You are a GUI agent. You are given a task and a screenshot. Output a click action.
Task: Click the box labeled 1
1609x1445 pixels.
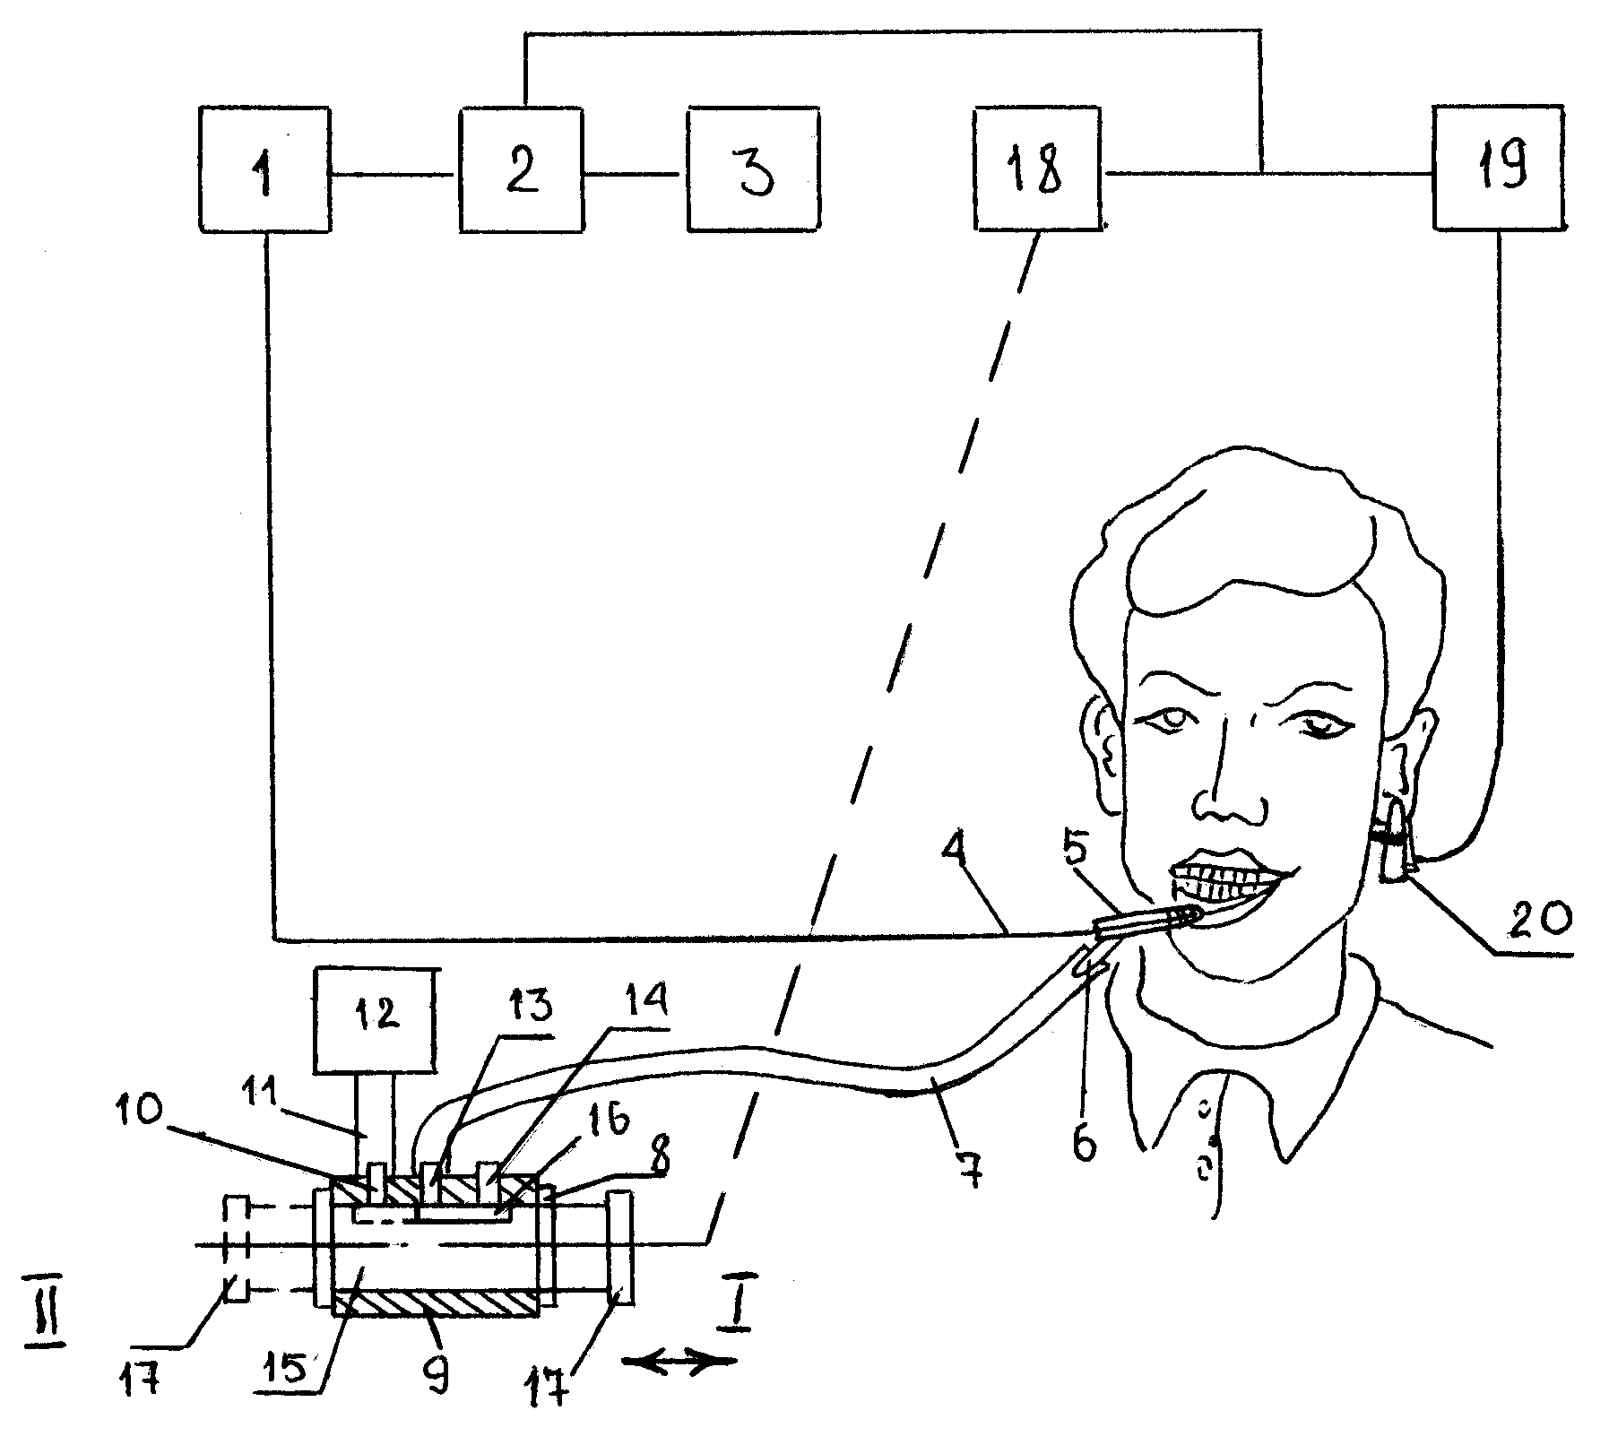263,170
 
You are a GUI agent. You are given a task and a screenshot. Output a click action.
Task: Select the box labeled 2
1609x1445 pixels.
521,170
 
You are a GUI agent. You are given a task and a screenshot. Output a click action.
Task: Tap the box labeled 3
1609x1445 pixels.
754,170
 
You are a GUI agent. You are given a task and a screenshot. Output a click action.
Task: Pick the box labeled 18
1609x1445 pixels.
1037,169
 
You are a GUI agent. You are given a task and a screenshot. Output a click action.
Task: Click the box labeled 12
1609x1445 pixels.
374,1020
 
